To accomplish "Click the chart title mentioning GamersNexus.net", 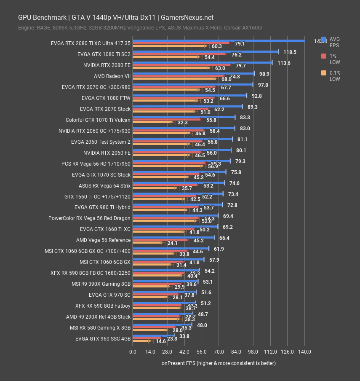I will (116, 17).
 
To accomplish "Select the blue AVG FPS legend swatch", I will (324, 40).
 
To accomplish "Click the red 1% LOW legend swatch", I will (324, 56).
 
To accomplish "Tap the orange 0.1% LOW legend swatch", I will (324, 73).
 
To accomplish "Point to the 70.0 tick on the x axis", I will (219, 352).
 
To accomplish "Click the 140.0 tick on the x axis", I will (304, 352).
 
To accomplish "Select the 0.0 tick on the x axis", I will (133, 352).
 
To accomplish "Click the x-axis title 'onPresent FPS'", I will (219, 363).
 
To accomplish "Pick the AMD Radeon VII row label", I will (112, 76).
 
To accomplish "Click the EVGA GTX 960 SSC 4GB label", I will (103, 338).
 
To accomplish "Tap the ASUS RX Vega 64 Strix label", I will (104, 185).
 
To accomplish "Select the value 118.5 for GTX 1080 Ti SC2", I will (290, 52).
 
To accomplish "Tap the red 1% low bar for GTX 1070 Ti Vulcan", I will (167, 120).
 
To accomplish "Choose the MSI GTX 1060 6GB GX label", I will (105, 262).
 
